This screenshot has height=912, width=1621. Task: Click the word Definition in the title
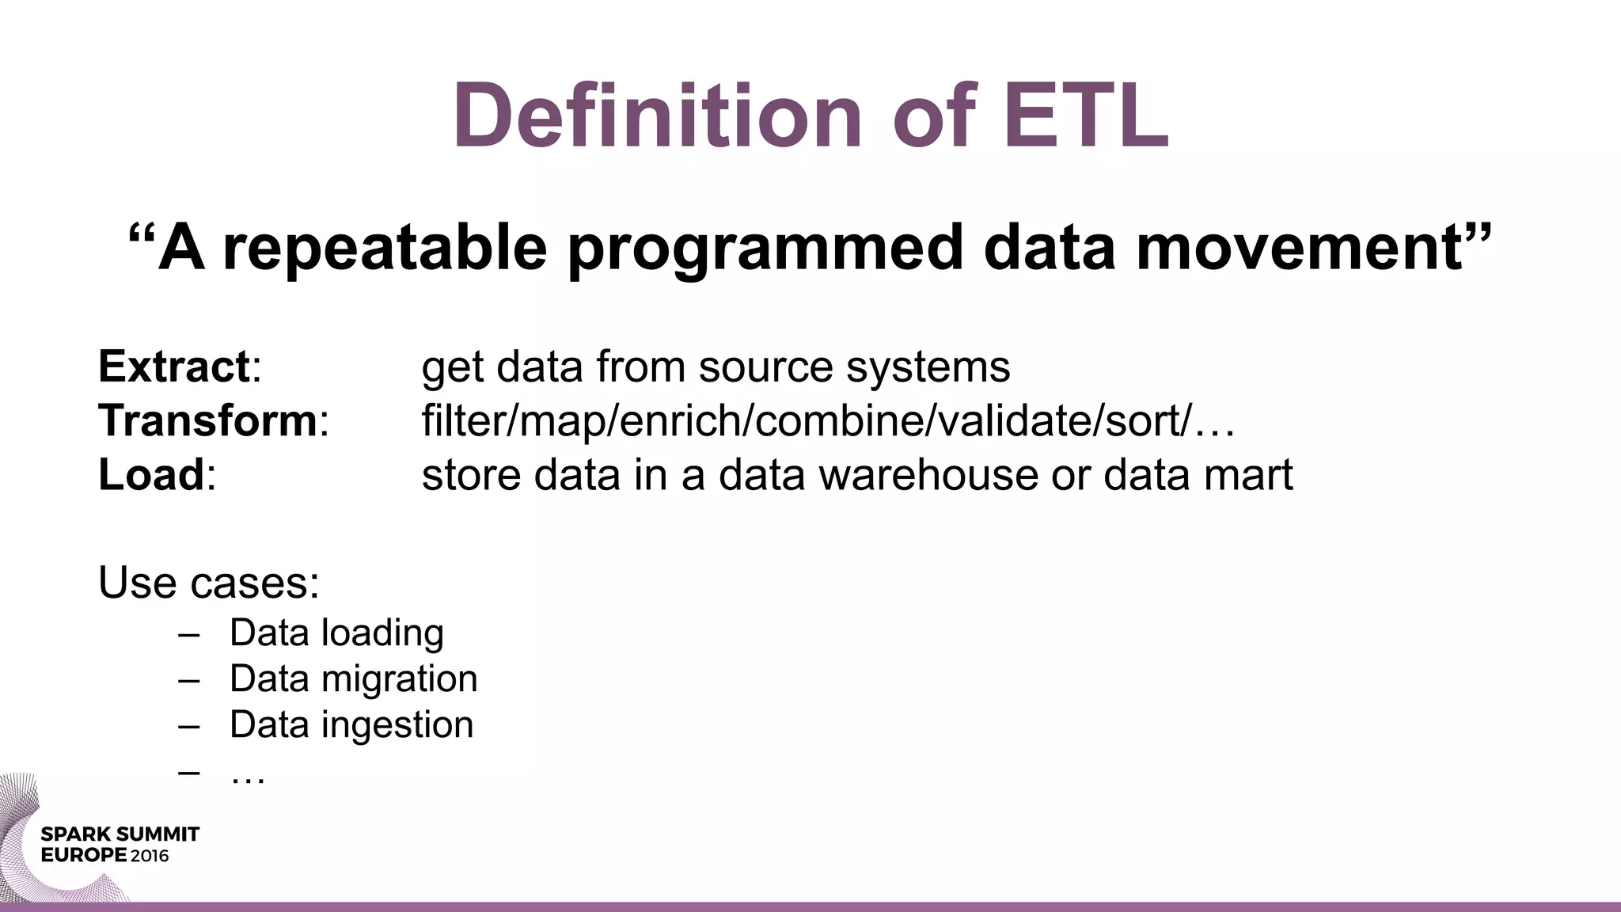(x=657, y=116)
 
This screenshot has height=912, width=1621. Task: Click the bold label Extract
(x=174, y=367)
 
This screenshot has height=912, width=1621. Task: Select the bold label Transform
(x=207, y=420)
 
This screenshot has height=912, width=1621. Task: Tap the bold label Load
(x=151, y=474)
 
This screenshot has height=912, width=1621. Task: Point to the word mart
(x=1252, y=474)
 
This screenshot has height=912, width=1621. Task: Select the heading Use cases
(x=208, y=583)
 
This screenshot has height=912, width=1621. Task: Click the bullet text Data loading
(x=336, y=633)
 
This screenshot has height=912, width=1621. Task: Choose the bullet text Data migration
(x=353, y=679)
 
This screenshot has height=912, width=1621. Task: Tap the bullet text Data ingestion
(x=351, y=725)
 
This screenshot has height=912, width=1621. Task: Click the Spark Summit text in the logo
(x=120, y=834)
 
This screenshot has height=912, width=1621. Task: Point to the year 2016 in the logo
(x=150, y=856)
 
